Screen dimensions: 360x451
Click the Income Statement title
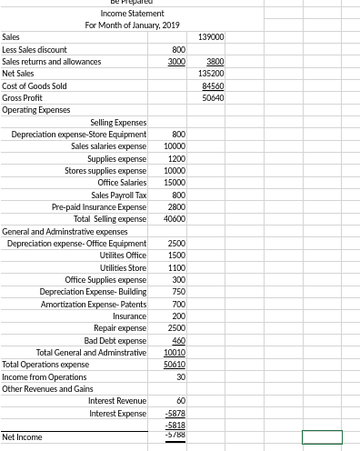point(133,13)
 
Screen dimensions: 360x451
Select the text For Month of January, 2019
point(133,25)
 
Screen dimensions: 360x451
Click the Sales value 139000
point(211,36)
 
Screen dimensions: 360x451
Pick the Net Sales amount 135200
point(211,73)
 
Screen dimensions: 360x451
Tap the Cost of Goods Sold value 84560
point(213,85)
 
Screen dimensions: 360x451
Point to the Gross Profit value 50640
point(213,97)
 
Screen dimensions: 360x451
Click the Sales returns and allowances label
point(51,61)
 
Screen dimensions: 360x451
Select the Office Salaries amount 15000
point(175,183)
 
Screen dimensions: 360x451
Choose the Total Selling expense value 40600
point(175,219)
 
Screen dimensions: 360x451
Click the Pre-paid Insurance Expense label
point(99,207)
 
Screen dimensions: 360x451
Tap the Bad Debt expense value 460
point(178,340)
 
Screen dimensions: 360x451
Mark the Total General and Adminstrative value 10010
point(175,353)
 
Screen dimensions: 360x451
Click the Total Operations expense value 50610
point(175,365)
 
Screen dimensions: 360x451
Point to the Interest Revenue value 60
point(181,401)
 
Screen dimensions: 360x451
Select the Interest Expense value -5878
point(175,414)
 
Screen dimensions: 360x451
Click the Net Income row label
point(22,437)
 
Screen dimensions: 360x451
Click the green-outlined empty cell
point(322,437)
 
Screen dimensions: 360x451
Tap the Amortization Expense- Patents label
point(94,304)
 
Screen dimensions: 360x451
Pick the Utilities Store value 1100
point(176,267)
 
